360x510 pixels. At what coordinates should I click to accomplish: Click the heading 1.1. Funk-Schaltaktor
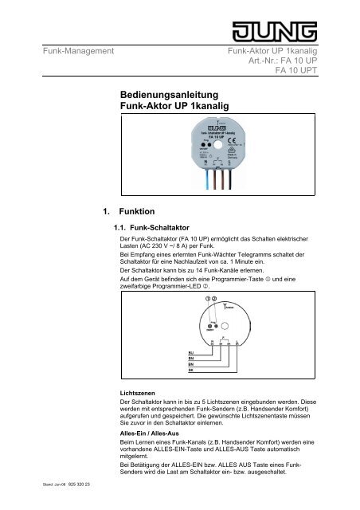pyautogui.click(x=151, y=229)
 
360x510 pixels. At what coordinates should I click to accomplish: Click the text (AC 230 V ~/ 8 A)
pyautogui.click(x=170, y=247)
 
